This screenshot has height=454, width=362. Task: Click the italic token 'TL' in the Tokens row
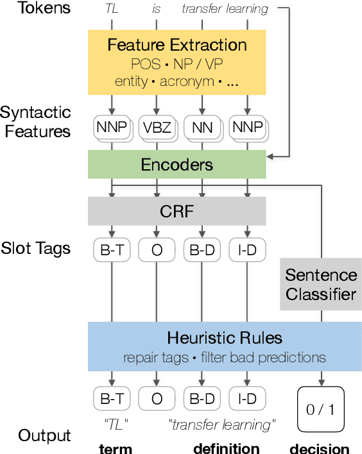(x=112, y=9)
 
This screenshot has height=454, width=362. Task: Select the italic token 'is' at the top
(x=157, y=9)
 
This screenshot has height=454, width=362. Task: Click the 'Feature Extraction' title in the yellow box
(x=177, y=45)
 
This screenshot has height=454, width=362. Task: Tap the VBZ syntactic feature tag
(x=157, y=128)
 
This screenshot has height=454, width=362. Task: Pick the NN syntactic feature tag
(x=202, y=128)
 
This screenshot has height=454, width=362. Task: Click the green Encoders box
(x=177, y=165)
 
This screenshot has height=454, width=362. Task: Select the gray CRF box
(x=177, y=210)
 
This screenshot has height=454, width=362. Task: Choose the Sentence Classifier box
(x=321, y=285)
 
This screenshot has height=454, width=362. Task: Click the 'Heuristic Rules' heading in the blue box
(x=225, y=337)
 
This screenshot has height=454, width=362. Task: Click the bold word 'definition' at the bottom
(x=226, y=448)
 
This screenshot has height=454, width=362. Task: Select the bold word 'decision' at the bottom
(x=320, y=448)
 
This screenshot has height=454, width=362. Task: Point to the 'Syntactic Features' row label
(x=35, y=122)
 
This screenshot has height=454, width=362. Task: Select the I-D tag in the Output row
(x=246, y=398)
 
